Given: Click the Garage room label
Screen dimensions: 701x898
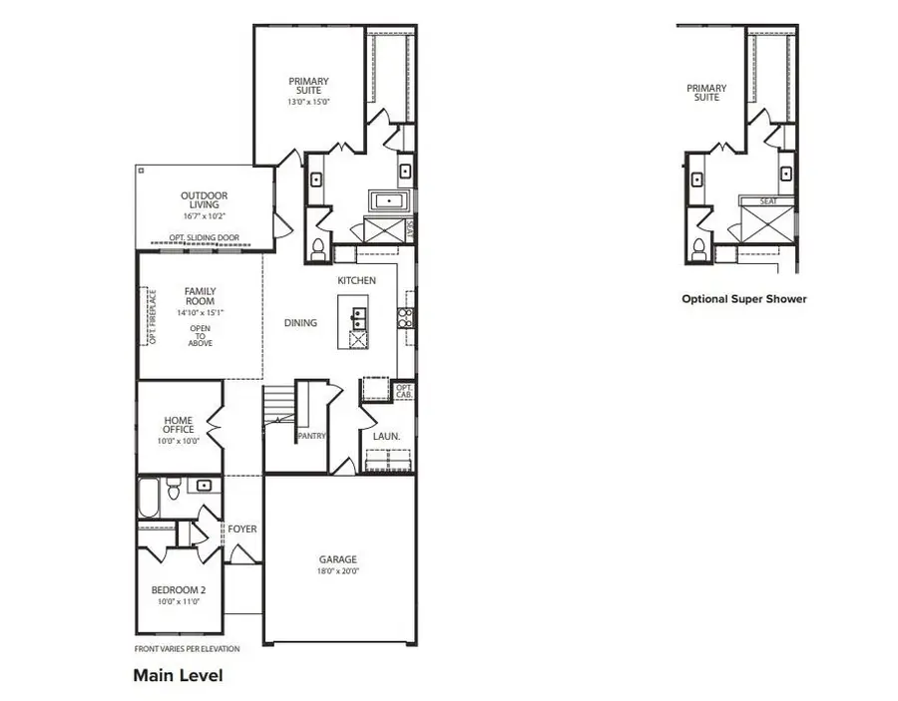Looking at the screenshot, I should pyautogui.click(x=337, y=559).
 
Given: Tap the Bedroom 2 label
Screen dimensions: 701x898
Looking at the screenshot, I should pyautogui.click(x=179, y=589).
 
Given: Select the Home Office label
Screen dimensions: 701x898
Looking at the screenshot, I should pyautogui.click(x=179, y=425).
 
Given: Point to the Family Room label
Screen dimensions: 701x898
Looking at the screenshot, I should pyautogui.click(x=200, y=296).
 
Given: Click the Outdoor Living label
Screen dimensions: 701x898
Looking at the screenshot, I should pyautogui.click(x=204, y=200).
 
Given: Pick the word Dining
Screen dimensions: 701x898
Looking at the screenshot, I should pyautogui.click(x=300, y=323).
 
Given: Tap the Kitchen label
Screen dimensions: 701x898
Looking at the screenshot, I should pyautogui.click(x=356, y=281).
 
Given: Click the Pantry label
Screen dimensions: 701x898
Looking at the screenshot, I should pyautogui.click(x=311, y=436).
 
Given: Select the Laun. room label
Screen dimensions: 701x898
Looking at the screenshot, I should pyautogui.click(x=386, y=437).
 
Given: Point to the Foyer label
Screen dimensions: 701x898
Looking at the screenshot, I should pyautogui.click(x=242, y=528).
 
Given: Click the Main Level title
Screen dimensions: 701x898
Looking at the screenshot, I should pyautogui.click(x=178, y=675).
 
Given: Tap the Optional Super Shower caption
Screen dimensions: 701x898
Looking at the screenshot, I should pyautogui.click(x=743, y=298).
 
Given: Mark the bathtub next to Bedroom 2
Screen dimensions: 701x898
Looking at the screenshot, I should pyautogui.click(x=148, y=498).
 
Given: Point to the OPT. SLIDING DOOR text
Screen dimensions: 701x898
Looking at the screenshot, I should pyautogui.click(x=206, y=238).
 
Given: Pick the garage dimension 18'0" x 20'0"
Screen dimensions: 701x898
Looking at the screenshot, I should pyautogui.click(x=337, y=572).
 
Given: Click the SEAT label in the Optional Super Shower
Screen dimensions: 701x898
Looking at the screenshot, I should pyautogui.click(x=768, y=201).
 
